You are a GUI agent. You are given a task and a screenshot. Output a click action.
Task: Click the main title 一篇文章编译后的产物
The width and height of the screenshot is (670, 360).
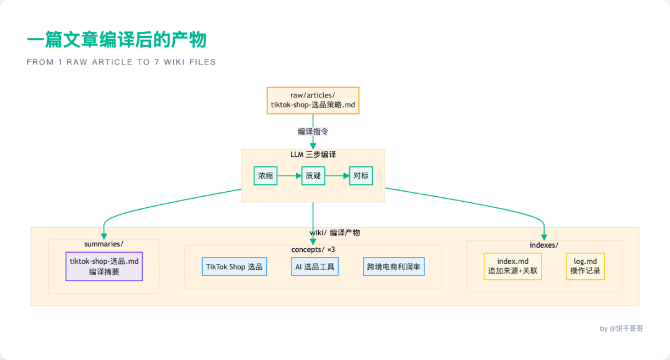click(x=117, y=40)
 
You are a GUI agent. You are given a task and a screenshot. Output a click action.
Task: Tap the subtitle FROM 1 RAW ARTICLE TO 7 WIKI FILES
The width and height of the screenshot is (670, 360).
click(x=121, y=62)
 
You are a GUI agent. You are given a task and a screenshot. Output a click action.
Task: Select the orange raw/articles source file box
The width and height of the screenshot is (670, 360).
click(x=313, y=100)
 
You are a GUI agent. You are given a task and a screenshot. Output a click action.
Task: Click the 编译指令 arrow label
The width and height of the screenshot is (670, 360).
click(x=313, y=132)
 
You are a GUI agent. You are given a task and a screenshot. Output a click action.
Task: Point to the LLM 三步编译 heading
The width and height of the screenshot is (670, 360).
click(x=313, y=154)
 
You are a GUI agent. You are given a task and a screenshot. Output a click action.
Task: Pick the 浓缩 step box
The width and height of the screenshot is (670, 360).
click(x=266, y=176)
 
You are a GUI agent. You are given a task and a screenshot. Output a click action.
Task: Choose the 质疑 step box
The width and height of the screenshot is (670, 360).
click(x=313, y=176)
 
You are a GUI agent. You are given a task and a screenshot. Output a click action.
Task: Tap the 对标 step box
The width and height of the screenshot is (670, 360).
click(x=360, y=176)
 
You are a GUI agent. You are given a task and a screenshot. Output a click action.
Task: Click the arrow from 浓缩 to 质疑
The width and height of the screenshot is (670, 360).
click(x=289, y=176)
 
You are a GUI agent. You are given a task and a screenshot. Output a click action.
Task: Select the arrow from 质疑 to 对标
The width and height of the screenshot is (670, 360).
click(x=337, y=176)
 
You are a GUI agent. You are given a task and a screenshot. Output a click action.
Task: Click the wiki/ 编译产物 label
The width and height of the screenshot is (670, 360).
click(x=335, y=233)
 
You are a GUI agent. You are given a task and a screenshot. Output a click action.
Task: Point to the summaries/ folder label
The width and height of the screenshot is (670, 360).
click(x=104, y=244)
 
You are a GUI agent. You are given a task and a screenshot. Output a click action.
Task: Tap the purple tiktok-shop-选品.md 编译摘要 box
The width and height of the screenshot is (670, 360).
click(x=104, y=266)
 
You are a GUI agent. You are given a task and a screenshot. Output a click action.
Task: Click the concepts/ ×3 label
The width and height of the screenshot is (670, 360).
click(x=313, y=250)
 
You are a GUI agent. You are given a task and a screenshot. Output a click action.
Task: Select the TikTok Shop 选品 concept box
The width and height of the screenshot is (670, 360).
click(x=234, y=267)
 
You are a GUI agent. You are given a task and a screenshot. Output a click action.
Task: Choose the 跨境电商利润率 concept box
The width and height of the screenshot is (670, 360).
click(x=393, y=267)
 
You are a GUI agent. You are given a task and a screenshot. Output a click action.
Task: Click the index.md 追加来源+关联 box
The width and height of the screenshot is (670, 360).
click(x=512, y=266)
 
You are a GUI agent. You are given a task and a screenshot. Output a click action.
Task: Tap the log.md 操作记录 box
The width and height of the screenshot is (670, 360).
click(x=585, y=266)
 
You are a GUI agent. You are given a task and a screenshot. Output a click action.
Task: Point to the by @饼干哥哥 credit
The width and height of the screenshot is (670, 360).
click(x=621, y=328)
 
